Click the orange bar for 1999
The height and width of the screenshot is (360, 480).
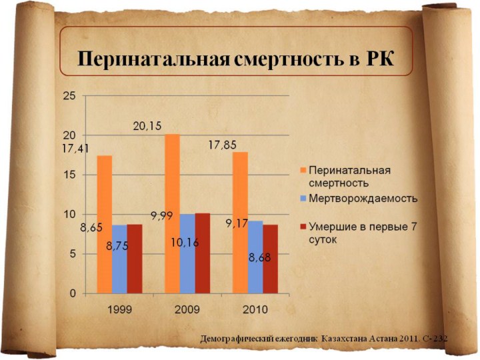click(104, 224)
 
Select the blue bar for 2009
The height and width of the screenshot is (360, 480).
click(187, 253)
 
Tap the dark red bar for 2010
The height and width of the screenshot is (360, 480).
click(270, 259)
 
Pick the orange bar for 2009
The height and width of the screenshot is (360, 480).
click(172, 213)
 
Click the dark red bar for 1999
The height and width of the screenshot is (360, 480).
click(135, 259)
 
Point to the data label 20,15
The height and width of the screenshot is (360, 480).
click(147, 125)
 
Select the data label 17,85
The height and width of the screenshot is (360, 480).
click(222, 145)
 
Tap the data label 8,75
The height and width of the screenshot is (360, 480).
click(117, 246)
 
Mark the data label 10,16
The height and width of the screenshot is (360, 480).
click(184, 243)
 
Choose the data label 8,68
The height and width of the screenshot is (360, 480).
click(260, 257)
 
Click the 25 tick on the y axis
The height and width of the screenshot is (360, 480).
click(69, 96)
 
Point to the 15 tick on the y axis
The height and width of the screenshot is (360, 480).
click(69, 175)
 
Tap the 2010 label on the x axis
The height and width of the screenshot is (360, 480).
click(255, 309)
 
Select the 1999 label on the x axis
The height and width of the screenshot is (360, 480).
click(119, 309)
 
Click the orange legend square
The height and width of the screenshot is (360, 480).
click(303, 170)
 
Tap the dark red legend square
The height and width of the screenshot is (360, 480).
click(303, 227)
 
